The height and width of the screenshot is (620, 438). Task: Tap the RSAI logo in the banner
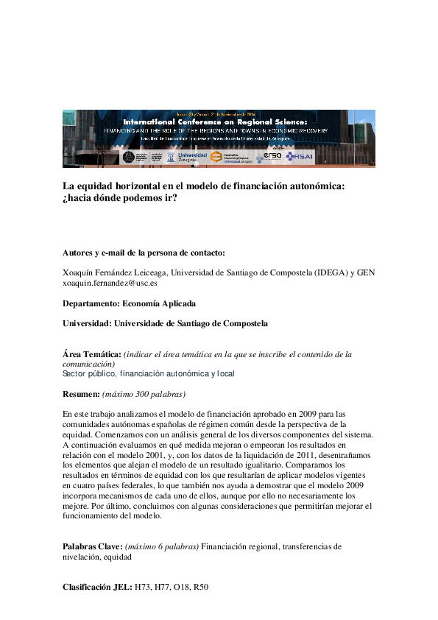click(x=300, y=156)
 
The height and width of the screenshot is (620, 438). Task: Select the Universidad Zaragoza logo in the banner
click(x=193, y=157)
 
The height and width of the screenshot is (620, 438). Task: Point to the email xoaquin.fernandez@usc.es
click(x=110, y=282)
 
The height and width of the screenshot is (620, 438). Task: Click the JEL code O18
click(x=180, y=587)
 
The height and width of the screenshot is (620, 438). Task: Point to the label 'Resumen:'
click(x=80, y=394)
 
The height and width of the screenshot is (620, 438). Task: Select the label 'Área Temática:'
click(x=91, y=354)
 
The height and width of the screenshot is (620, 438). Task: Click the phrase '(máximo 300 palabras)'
click(x=144, y=394)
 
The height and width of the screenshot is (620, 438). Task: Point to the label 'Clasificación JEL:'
click(x=97, y=587)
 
